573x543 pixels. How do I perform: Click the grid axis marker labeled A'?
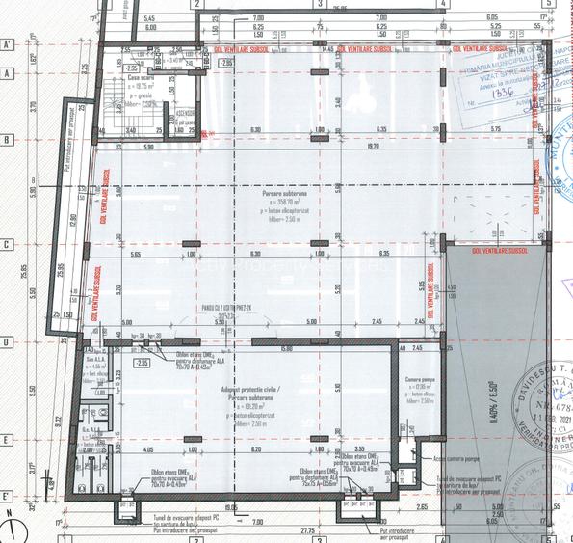[x=6, y=45]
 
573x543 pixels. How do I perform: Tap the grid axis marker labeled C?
[x=6, y=244]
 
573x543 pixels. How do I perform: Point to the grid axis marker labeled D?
[x=6, y=341]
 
